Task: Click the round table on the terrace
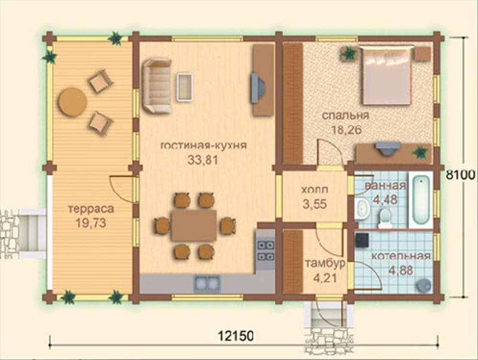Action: pos(72,102)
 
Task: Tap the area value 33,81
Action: pos(203,160)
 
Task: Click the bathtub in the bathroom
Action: pos(421,200)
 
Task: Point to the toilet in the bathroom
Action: pos(385,218)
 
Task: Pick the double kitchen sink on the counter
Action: pos(207,283)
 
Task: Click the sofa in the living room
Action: pos(157,86)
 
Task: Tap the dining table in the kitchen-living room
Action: pos(194,225)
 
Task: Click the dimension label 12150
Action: pos(235,336)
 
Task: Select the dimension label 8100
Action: pos(461,175)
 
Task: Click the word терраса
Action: pos(91,209)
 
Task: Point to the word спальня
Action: pos(345,115)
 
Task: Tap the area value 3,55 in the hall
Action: pos(315,204)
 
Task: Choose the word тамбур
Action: pos(325,263)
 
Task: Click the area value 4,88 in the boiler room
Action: pos(400,270)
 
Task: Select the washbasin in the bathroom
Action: pos(362,209)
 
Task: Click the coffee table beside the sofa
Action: pos(185,87)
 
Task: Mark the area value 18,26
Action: pos(347,130)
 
